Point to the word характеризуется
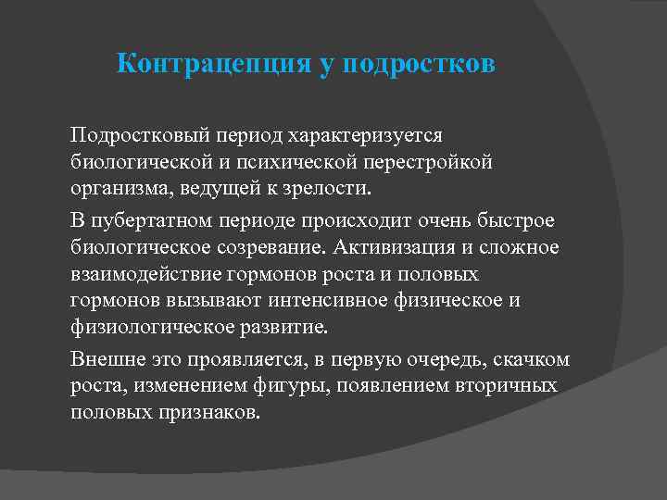pos(368,136)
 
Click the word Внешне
pos(104,360)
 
